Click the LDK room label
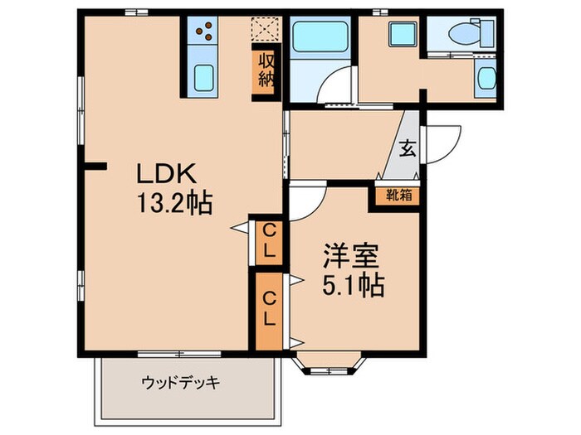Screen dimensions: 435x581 166,176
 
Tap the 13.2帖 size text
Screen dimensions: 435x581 175,202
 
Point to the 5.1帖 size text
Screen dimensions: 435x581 352,286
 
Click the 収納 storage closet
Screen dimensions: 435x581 266,71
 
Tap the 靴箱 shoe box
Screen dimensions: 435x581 395,196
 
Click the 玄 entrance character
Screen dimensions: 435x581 408,149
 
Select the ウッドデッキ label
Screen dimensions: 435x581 180,384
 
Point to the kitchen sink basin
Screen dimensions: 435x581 204,80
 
